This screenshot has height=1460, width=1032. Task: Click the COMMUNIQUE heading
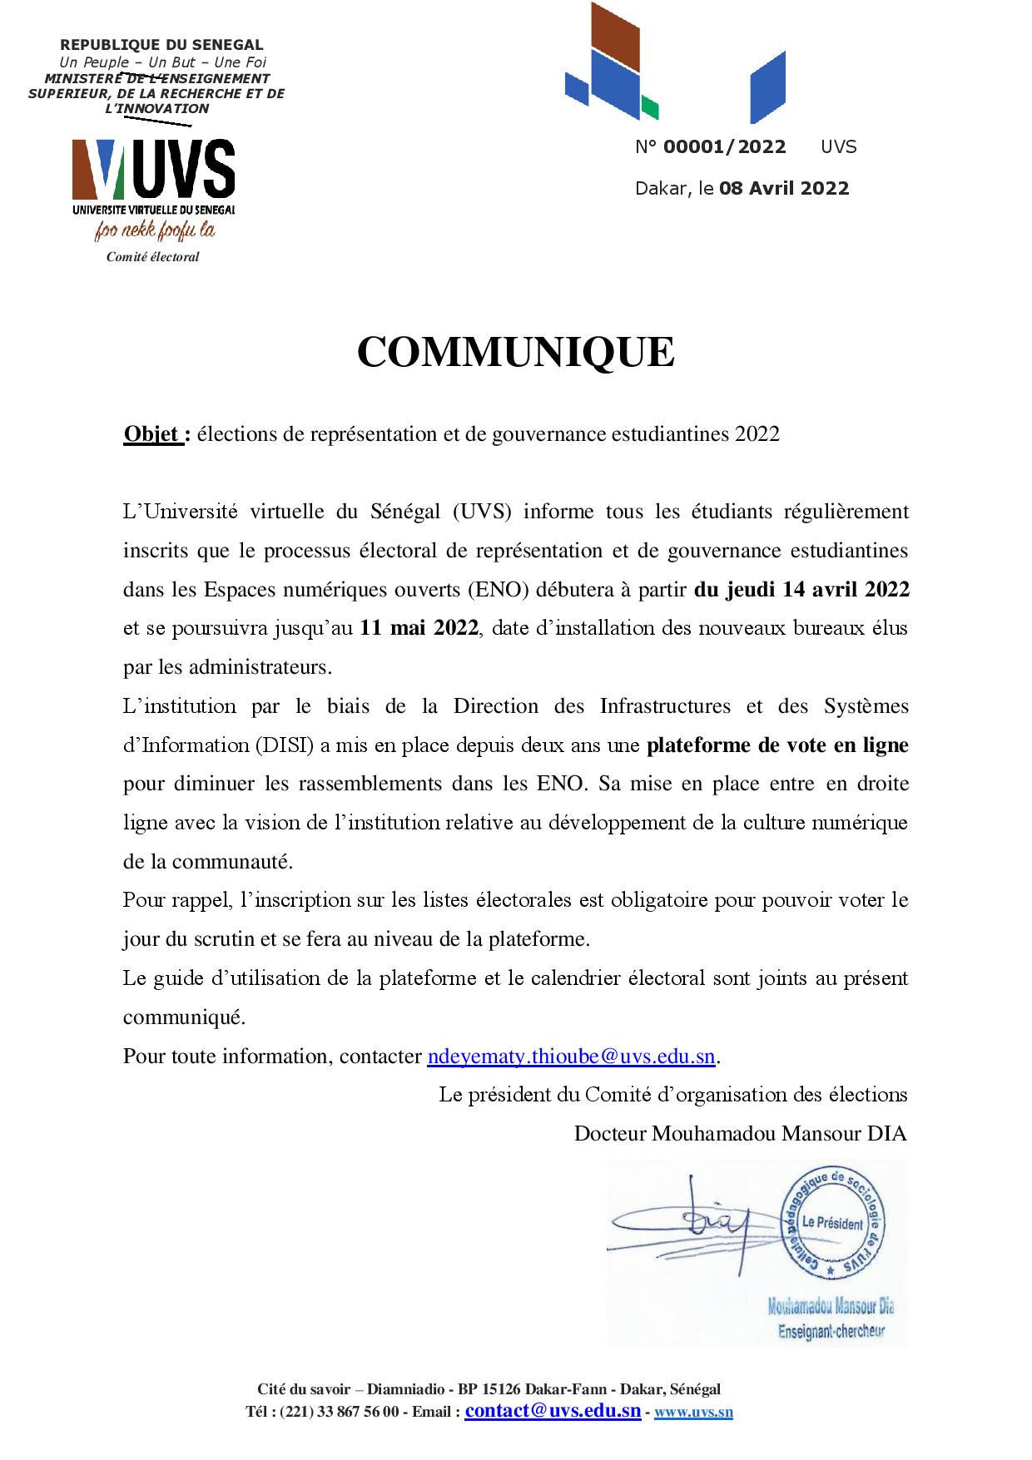515,353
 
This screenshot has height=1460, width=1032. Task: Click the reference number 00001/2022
724,147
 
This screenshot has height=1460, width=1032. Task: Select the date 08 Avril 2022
784,188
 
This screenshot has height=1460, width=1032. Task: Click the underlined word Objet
152,434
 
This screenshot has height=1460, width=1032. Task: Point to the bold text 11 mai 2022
419,628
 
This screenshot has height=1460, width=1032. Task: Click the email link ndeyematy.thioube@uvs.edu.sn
571,1057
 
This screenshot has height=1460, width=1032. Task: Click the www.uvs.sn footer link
693,1412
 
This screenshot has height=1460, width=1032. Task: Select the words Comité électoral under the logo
152,257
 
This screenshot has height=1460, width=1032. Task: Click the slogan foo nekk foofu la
154,230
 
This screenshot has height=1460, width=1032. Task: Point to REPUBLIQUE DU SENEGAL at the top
161,45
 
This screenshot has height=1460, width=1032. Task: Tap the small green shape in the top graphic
650,108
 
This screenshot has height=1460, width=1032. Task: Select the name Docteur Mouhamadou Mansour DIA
740,1134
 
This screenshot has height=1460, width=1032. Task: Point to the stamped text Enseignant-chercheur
831,1331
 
